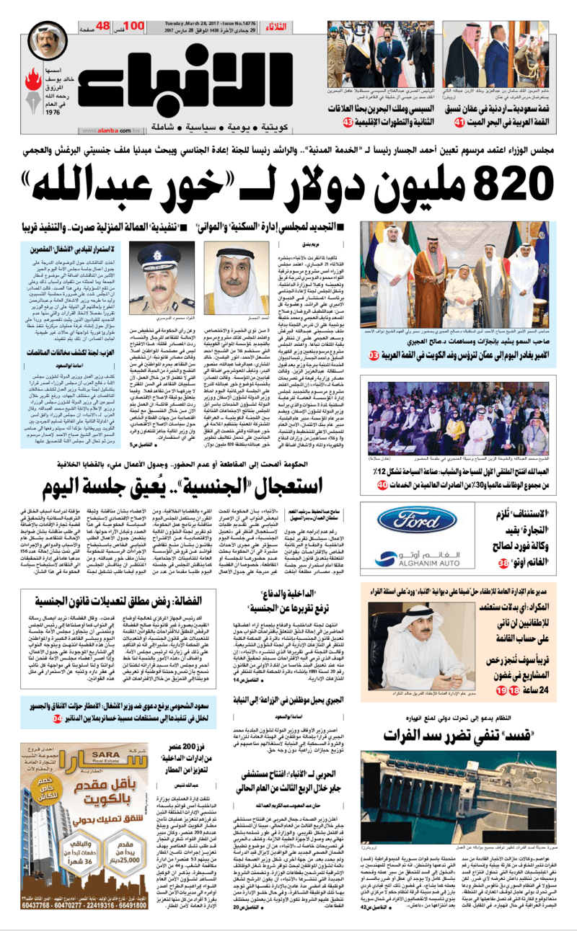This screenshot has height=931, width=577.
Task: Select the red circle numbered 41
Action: pyautogui.click(x=459, y=125)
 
